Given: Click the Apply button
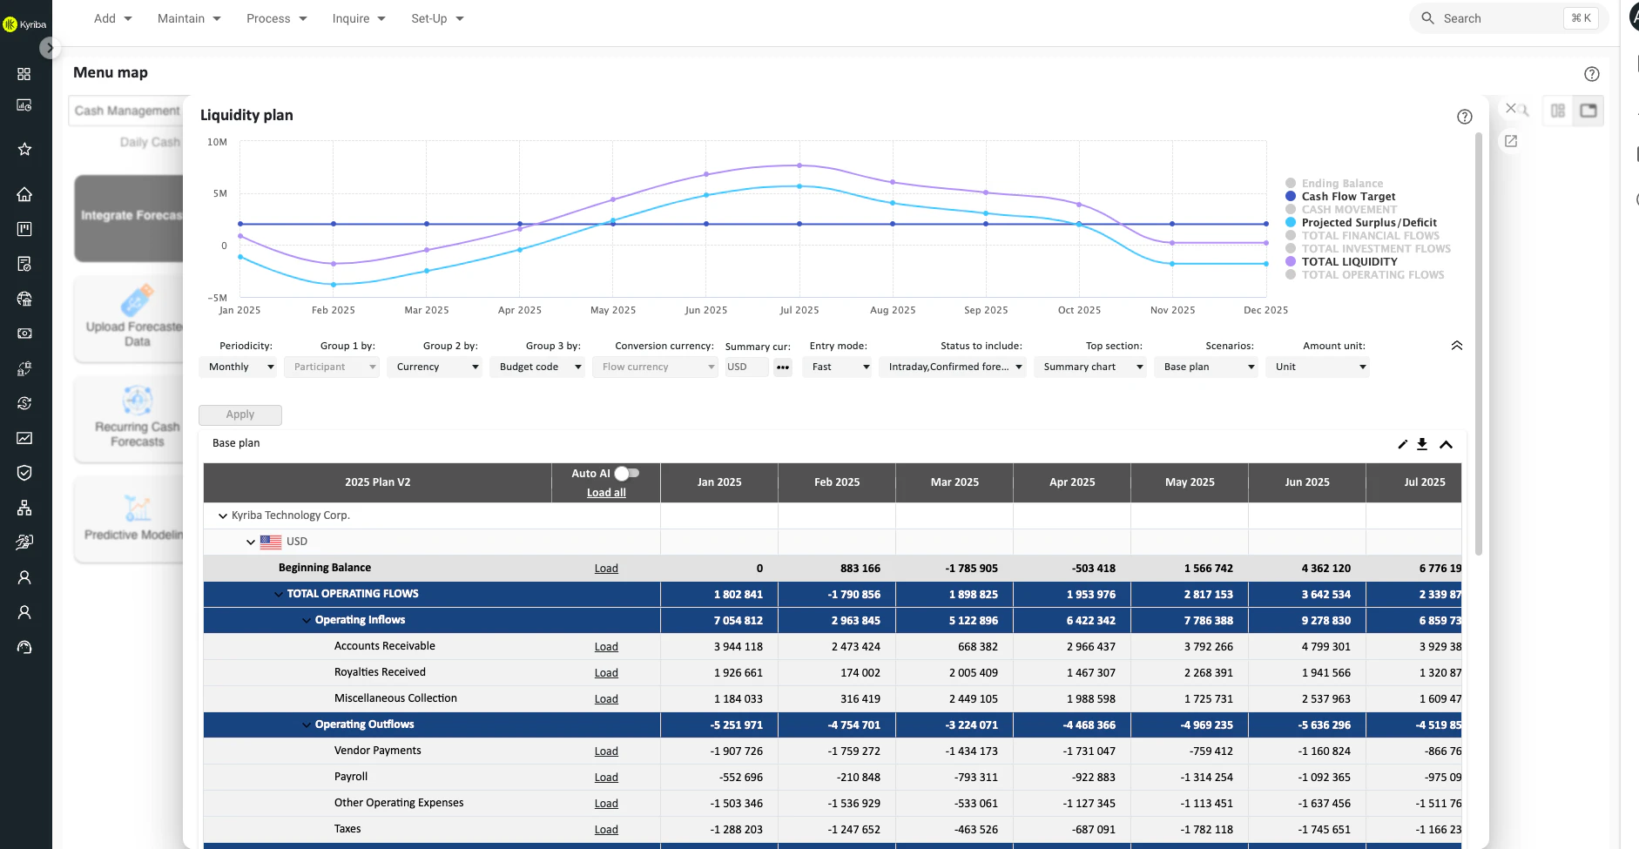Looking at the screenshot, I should [x=240, y=414].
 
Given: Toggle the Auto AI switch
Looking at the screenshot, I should [x=627, y=473].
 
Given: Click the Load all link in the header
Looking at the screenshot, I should [x=606, y=492].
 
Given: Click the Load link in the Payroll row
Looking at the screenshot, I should [x=606, y=778].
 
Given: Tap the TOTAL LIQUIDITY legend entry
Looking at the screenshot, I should [x=1349, y=261].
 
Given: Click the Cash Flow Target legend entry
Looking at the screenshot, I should [x=1348, y=196].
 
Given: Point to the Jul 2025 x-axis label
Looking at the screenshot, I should [x=799, y=310].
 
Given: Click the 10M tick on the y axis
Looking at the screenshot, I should [x=217, y=142].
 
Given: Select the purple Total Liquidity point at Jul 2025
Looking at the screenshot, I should [x=799, y=165].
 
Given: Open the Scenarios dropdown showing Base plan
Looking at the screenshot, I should [x=1206, y=367].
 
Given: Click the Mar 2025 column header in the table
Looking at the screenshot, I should [x=954, y=482].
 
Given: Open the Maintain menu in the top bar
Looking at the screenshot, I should [x=189, y=18].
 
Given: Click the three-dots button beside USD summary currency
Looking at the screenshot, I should [x=783, y=367].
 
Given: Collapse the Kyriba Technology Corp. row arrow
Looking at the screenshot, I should [x=223, y=515].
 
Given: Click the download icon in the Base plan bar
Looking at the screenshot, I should [x=1422, y=444].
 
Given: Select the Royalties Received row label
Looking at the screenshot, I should [x=380, y=672].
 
